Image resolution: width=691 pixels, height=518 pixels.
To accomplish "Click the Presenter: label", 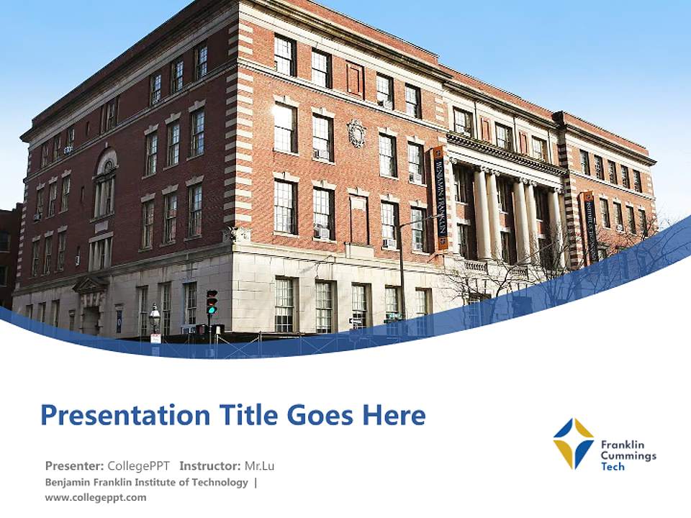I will click(75, 465).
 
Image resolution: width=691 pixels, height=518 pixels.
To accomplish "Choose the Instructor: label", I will click(210, 465).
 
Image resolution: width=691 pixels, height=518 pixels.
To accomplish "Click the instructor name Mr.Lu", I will click(259, 465).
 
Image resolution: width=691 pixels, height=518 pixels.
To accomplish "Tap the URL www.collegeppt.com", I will click(96, 497).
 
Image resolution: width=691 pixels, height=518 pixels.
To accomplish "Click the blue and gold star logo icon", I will click(573, 443).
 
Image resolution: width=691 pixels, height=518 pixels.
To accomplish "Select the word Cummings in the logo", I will click(628, 455).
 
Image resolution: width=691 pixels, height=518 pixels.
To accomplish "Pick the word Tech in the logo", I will click(613, 466).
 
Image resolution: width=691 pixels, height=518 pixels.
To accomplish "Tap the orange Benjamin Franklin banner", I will click(439, 198).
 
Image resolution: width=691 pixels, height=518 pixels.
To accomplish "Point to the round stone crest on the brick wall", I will click(356, 133).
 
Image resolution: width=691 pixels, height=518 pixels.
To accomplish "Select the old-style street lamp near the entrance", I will click(155, 317).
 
